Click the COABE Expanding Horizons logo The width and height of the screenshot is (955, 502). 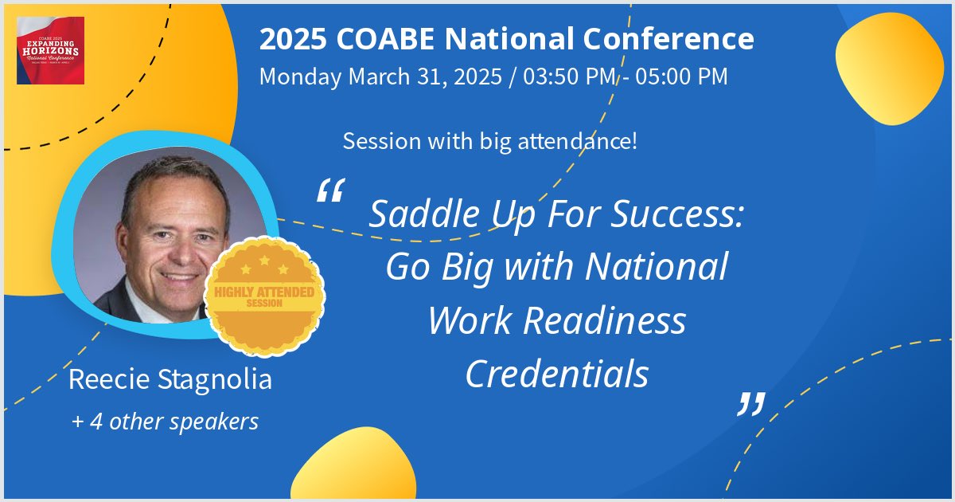point(50,50)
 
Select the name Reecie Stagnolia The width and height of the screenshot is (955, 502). point(170,379)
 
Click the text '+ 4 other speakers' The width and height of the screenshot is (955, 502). point(165,422)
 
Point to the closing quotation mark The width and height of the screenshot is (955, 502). point(750,404)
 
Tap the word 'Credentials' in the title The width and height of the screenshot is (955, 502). point(557,375)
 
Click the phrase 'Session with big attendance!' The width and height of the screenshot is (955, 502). point(489,143)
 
